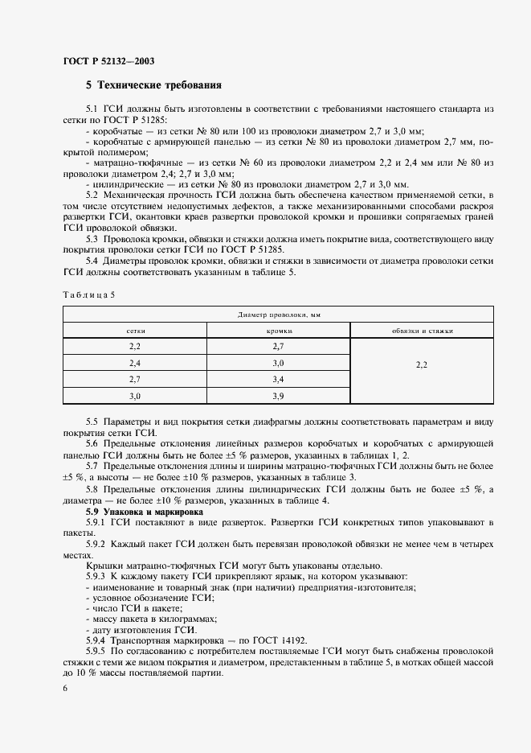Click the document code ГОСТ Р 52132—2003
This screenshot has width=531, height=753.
[x=108, y=61]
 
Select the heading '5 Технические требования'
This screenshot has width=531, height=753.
[x=153, y=84]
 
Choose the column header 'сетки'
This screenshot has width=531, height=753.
[x=135, y=331]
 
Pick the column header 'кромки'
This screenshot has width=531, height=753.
[x=278, y=331]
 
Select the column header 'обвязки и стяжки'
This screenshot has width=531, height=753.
[x=422, y=331]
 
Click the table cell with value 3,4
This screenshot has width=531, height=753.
[x=279, y=379]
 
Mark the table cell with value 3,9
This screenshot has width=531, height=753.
[x=279, y=396]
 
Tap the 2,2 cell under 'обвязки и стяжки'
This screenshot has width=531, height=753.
[x=422, y=364]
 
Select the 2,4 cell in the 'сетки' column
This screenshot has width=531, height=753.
[x=135, y=363]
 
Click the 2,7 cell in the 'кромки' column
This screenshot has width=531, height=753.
[x=279, y=346]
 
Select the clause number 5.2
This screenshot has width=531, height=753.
[x=92, y=195]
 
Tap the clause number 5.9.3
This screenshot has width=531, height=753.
[x=97, y=577]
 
